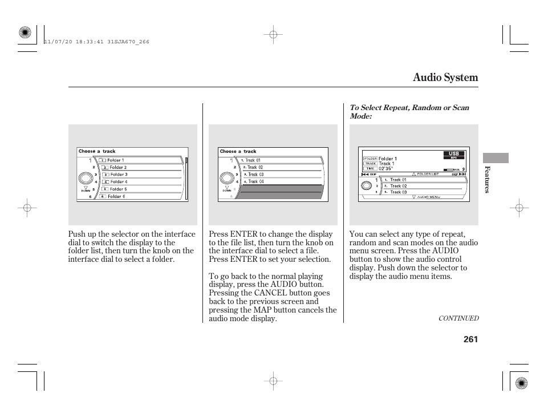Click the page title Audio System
(445, 78)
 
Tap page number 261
(470, 339)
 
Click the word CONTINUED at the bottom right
(458, 318)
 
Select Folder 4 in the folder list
(118, 182)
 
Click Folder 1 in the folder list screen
(115, 160)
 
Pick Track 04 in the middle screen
(254, 181)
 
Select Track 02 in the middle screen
(254, 168)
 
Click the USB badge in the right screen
(454, 154)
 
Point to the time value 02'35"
(386, 169)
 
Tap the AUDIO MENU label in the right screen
(429, 197)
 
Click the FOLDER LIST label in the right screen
(428, 174)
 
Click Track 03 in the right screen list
(398, 192)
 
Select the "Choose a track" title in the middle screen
(238, 152)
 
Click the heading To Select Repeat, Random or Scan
(409, 108)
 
